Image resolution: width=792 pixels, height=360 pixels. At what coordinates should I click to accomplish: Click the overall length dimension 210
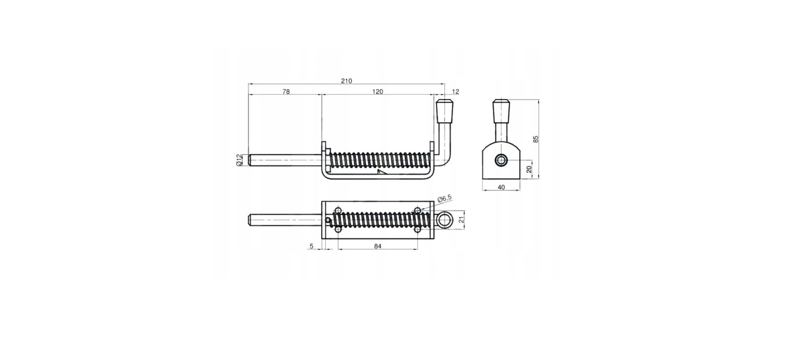pos(346,81)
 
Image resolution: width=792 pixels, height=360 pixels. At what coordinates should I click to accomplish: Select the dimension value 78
pos(286,92)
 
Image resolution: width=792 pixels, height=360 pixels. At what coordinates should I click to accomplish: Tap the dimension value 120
pos(378,92)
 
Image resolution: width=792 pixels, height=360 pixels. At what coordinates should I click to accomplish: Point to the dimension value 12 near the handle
pos(455,92)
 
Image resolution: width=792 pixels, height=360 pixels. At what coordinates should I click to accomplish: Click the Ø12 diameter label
pos(239,160)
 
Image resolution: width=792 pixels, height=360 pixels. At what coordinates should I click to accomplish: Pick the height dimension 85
pos(535,139)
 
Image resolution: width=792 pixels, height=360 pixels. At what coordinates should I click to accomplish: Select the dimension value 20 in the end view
pos(529,169)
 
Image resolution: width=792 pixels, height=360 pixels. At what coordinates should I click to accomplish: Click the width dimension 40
pos(501,187)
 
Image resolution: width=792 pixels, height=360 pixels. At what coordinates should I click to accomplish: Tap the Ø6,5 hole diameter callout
pos(445,198)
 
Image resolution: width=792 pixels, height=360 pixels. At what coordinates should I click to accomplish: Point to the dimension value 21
pos(461,220)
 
